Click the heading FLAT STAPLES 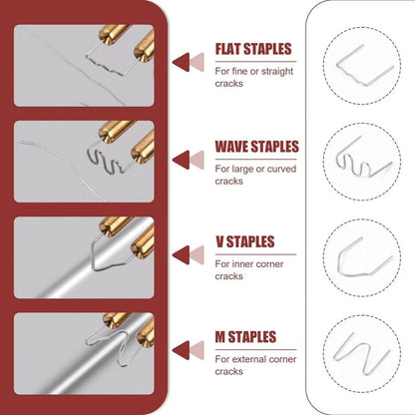[x=254, y=49]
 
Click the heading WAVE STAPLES [x=256, y=147]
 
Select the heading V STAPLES [x=244, y=241]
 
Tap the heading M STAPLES [x=244, y=337]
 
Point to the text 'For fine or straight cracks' [x=253, y=76]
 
